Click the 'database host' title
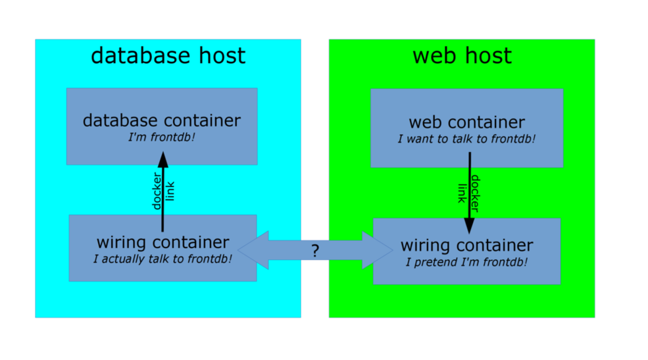168,56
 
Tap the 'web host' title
462,56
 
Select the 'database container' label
162,121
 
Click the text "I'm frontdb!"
162,138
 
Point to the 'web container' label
466,122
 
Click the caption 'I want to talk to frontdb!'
466,140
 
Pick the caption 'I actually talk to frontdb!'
162,259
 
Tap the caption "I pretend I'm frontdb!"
466,263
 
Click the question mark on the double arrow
315,251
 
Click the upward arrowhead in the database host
163,160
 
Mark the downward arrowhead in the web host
469,225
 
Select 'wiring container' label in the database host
162,242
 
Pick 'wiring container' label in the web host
466,246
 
